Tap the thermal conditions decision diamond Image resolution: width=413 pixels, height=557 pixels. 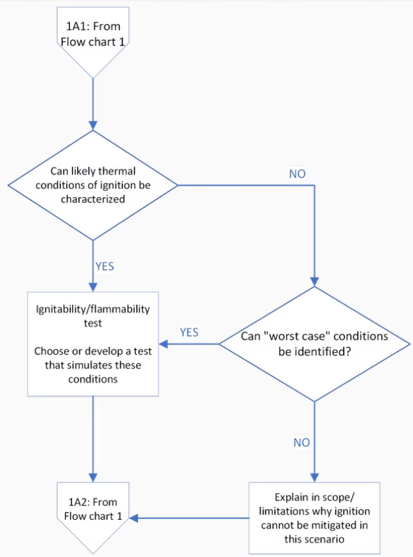tap(93, 185)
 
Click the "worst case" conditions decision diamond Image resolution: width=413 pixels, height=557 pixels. tap(315, 344)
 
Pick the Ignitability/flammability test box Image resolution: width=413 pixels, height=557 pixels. tap(93, 344)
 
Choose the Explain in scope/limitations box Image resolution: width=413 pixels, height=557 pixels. tap(314, 518)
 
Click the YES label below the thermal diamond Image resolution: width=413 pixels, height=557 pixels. tap(105, 267)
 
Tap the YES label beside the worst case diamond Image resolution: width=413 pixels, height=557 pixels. tap(189, 333)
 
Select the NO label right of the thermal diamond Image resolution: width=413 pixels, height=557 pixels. tap(297, 173)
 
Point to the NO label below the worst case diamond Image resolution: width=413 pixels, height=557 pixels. tap(301, 442)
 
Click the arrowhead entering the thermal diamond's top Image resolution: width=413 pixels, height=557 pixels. tap(93, 126)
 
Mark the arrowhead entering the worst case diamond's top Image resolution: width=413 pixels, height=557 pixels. tap(315, 281)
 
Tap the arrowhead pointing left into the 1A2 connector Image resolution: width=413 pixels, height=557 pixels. tap(134, 518)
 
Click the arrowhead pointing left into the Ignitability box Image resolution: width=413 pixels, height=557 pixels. tap(163, 344)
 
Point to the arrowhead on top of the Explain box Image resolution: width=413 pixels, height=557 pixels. tap(315, 477)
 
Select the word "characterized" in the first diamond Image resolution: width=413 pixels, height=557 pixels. tap(93, 199)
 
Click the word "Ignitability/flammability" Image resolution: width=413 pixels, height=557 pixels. tap(93, 309)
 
